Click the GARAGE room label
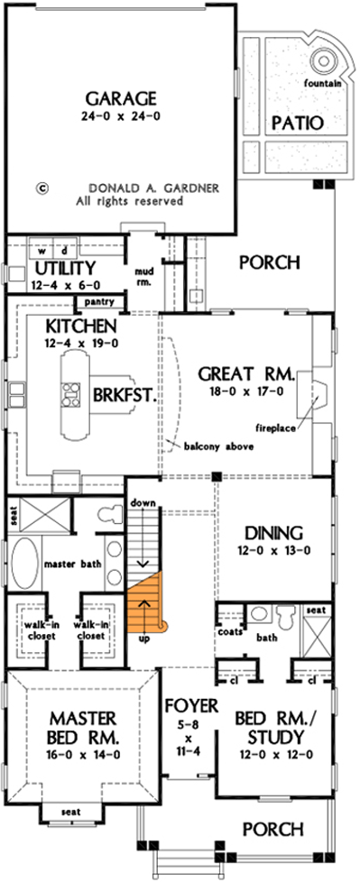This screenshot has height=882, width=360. pos(120,97)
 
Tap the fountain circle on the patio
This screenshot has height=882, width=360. pos(324,60)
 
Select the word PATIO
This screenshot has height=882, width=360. pos(297,123)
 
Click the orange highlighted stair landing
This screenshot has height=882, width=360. pos(147,600)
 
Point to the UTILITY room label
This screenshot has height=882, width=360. pos(64,269)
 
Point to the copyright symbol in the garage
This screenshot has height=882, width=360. pos(41,189)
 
